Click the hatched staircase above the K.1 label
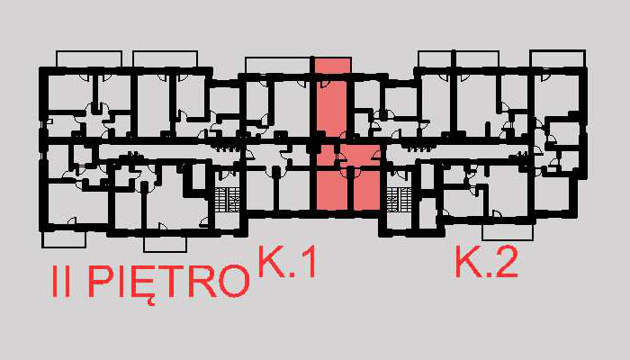[227, 201]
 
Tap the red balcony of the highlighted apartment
[332, 67]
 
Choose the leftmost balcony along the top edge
[84, 58]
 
